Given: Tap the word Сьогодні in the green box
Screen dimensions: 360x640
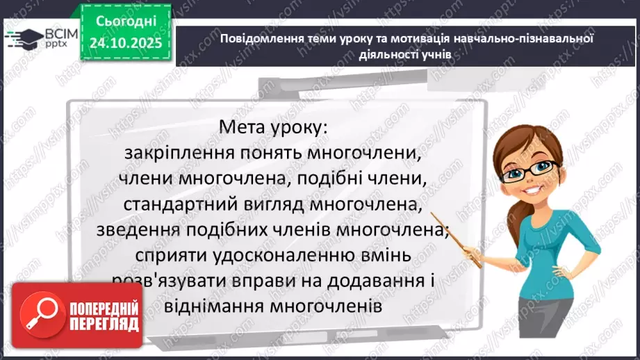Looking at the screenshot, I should [126, 22].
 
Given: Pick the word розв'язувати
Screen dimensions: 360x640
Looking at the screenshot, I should [168, 280].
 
